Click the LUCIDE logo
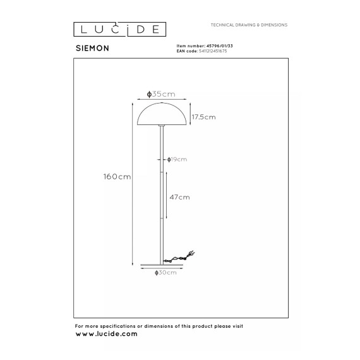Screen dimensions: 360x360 pyautogui.click(x=119, y=30)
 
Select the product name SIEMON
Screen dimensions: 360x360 pyautogui.click(x=92, y=48)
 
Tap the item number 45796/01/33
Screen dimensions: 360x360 pyautogui.click(x=220, y=46)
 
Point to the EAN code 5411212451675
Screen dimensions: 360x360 pyautogui.click(x=213, y=51)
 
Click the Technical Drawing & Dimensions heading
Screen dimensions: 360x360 pyautogui.click(x=249, y=25)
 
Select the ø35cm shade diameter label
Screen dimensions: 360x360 pyautogui.click(x=161, y=94)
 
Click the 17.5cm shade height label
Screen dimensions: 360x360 pyautogui.click(x=203, y=117)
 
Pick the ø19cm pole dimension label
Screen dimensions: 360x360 pyautogui.click(x=177, y=159)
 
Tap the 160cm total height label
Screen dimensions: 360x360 pyautogui.click(x=117, y=177)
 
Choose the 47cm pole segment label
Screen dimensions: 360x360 pyautogui.click(x=179, y=197)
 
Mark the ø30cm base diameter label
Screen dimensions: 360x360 pyautogui.click(x=165, y=272)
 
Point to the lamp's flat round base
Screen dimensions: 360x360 pyautogui.click(x=162, y=265)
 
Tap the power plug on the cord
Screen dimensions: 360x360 pyautogui.click(x=191, y=253)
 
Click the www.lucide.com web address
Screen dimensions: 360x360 pyautogui.click(x=106, y=334)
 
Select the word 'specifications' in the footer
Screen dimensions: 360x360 pyautogui.click(x=117, y=327)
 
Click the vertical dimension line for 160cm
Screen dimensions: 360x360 pyautogui.click(x=133, y=184)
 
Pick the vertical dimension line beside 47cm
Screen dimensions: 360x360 pyautogui.click(x=166, y=195)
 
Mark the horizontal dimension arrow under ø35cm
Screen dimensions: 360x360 pyautogui.click(x=162, y=99)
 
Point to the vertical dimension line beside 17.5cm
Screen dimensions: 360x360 pyautogui.click(x=190, y=114)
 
